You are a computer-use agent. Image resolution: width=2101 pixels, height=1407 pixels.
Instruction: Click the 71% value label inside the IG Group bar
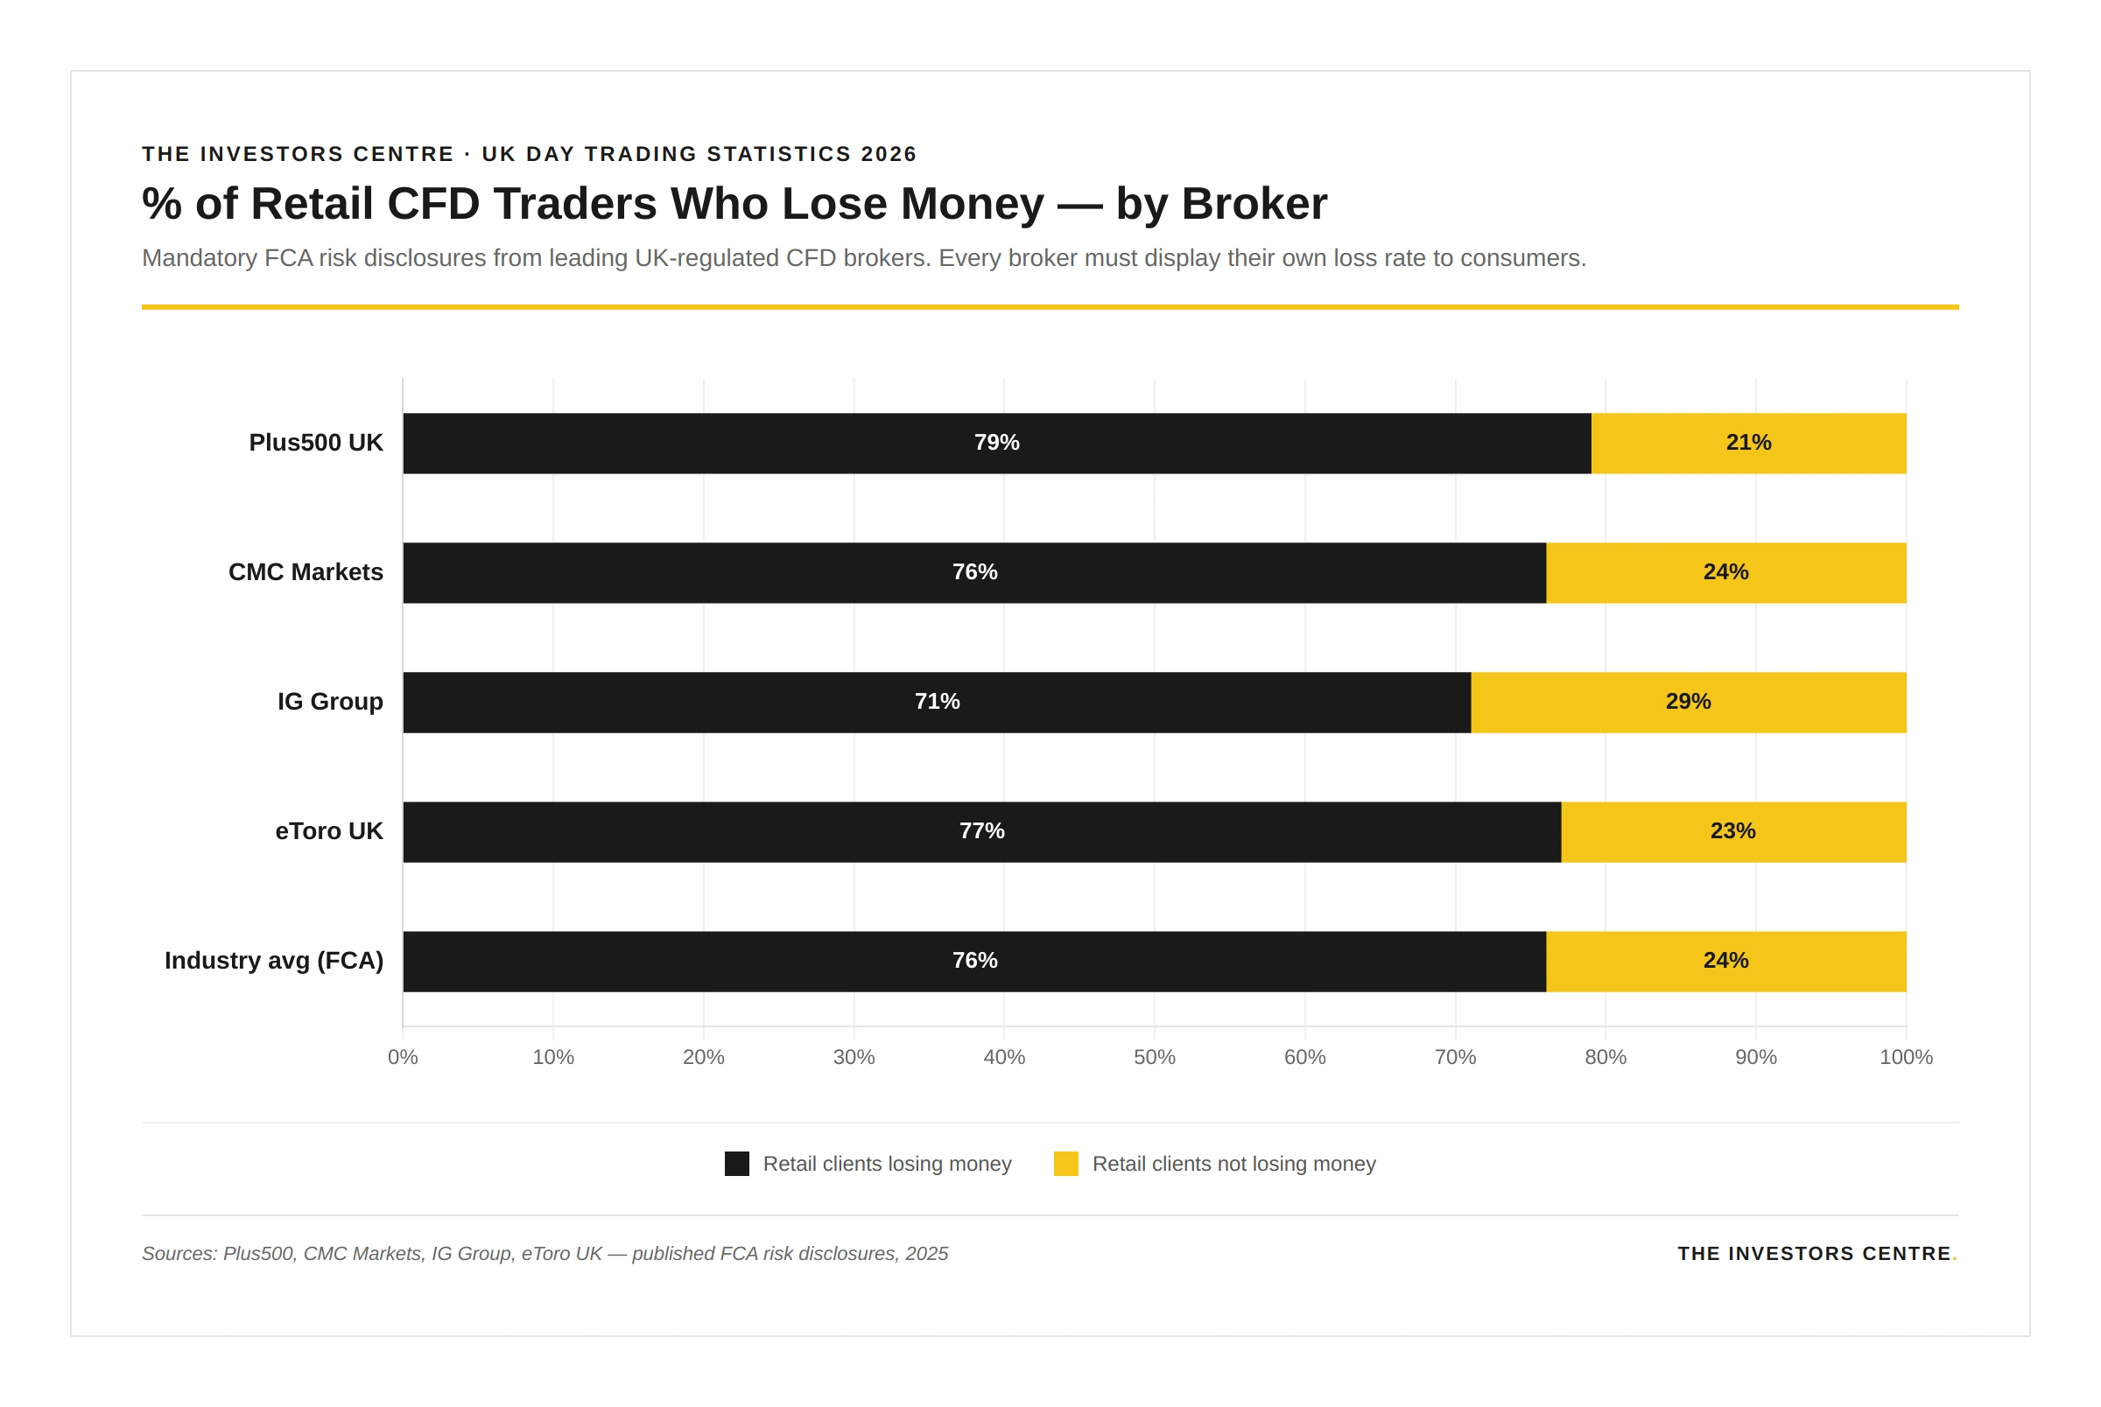point(937,702)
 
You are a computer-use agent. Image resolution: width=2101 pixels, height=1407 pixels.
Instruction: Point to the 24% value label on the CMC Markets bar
point(1725,572)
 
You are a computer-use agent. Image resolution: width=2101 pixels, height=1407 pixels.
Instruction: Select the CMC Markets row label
point(306,572)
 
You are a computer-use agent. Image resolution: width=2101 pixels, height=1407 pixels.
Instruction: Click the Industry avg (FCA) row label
point(274,961)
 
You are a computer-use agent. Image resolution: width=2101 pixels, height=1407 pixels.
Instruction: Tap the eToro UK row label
point(328,832)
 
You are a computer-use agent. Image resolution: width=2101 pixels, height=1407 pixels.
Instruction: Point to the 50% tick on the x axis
point(1154,1057)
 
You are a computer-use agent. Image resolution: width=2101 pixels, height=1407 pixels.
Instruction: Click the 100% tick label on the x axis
point(1906,1057)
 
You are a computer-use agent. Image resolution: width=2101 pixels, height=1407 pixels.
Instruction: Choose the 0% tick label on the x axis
point(403,1057)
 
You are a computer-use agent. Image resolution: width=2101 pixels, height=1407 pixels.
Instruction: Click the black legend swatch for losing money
point(737,1164)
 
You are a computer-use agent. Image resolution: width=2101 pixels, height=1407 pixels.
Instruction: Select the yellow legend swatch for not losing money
point(1065,1164)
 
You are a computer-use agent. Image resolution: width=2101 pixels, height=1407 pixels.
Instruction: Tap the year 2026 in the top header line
point(889,154)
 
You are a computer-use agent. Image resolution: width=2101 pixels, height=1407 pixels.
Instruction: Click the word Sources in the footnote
point(178,1254)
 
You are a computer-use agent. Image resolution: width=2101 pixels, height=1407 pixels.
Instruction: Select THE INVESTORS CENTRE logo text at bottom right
point(1815,1254)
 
